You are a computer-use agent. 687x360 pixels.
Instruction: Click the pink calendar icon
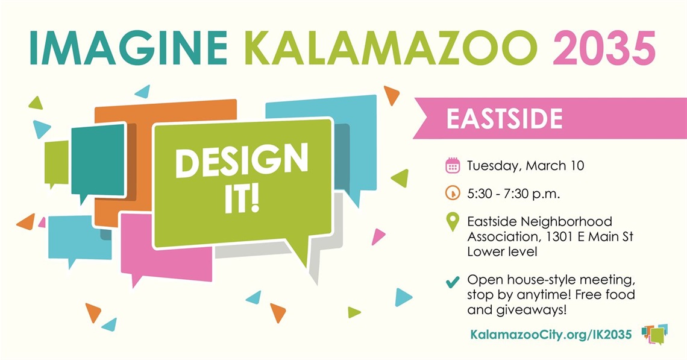tap(453, 165)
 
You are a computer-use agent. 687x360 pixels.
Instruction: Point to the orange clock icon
tap(453, 194)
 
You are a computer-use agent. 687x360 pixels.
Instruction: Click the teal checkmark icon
tap(452, 282)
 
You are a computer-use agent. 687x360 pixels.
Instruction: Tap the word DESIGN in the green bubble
tap(242, 162)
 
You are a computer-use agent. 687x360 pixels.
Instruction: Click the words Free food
tap(609, 295)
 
